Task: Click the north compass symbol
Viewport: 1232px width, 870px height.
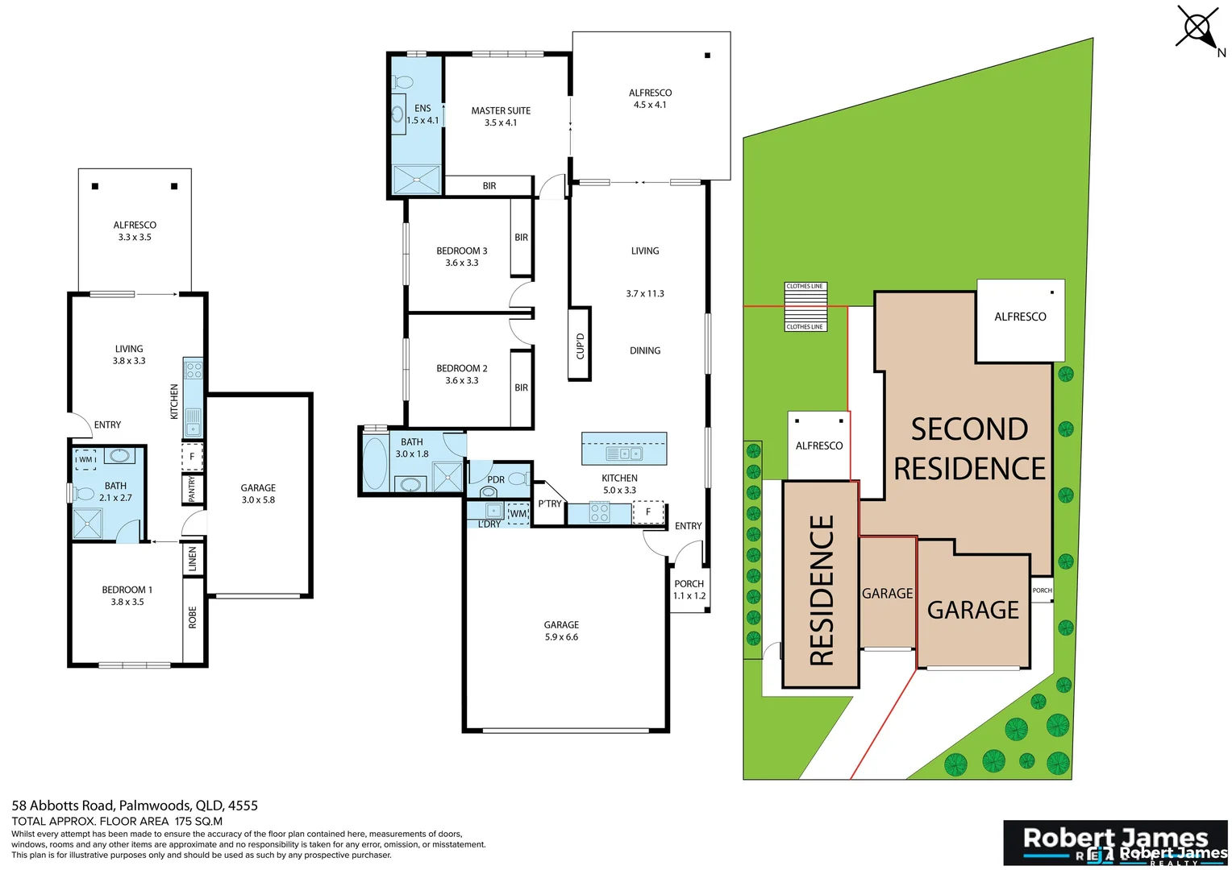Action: click(1198, 29)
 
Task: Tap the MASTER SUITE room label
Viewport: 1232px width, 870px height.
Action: click(501, 117)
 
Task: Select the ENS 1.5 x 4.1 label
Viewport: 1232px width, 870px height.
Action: click(422, 114)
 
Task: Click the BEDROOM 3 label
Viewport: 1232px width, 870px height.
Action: click(461, 256)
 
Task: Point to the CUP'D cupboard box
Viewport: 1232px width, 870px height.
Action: click(580, 345)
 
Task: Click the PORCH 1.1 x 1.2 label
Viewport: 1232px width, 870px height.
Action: click(689, 590)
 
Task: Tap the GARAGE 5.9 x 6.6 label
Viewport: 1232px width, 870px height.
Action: click(561, 631)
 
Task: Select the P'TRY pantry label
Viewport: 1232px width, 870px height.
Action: click(549, 504)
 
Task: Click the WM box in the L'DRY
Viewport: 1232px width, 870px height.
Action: click(518, 514)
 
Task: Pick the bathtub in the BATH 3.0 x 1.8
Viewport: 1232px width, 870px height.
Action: click(374, 464)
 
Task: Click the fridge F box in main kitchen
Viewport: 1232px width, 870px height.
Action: click(647, 512)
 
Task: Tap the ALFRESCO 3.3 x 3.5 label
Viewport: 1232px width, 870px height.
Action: click(135, 231)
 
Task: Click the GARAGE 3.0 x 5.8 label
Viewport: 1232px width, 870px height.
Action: click(258, 494)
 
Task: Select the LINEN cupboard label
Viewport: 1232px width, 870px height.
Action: click(192, 558)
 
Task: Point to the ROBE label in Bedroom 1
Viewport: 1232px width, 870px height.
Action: click(192, 617)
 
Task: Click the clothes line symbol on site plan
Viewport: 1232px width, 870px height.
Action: click(805, 306)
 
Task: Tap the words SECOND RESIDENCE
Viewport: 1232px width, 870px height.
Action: click(969, 449)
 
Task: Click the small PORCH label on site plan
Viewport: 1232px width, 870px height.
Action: click(1042, 590)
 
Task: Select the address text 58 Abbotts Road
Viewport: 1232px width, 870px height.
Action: click(135, 806)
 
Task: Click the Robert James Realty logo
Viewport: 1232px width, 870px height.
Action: click(1114, 843)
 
